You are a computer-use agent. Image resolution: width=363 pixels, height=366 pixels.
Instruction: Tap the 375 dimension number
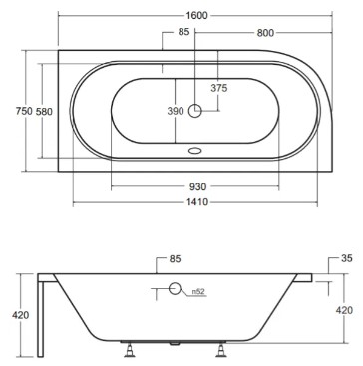218,88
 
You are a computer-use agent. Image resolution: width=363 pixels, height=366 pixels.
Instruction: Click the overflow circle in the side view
175,289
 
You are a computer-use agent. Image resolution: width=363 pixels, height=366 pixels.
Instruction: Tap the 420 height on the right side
343,310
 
